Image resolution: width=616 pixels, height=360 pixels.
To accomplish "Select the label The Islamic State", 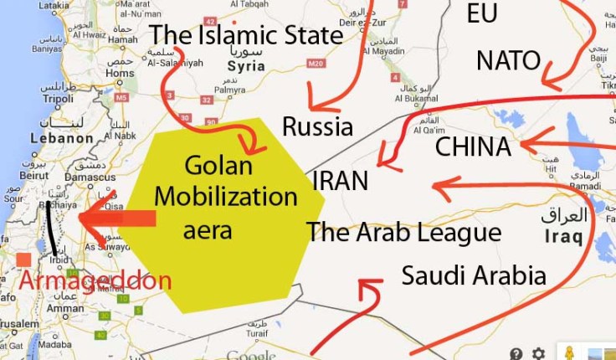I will coord(246,34).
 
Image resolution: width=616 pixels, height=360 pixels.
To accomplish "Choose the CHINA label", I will coord(473,147).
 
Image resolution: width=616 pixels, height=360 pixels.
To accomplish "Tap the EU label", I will coord(483,13).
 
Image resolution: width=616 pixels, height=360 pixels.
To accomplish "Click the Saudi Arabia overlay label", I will coord(474,275).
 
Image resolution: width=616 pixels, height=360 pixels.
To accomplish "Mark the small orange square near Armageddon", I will coord(23,260).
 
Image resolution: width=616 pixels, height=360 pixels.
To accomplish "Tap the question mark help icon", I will coord(516,353).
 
